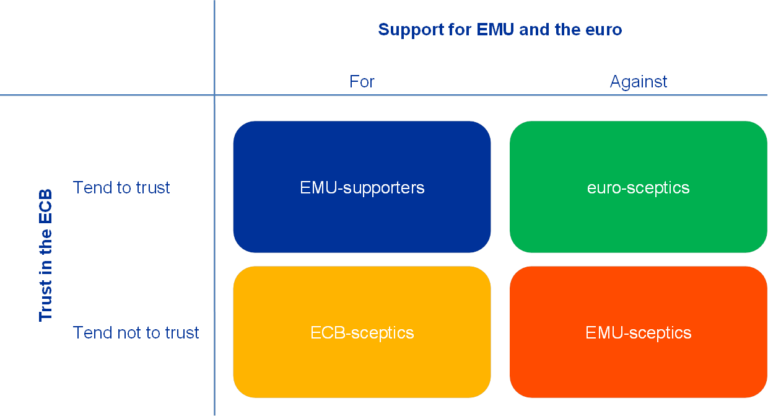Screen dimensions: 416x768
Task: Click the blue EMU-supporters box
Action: [x=362, y=155]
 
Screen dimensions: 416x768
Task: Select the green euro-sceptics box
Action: [x=638, y=155]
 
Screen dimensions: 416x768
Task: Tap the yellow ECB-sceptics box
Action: [x=362, y=366]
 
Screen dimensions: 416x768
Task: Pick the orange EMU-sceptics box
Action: [x=638, y=366]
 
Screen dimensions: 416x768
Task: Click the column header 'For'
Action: [x=362, y=82]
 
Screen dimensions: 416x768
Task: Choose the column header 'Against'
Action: [x=639, y=82]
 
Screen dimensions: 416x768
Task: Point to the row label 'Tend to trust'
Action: [x=121, y=187]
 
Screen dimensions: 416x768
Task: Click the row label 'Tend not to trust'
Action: [x=136, y=332]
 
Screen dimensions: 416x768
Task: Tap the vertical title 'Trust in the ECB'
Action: [x=46, y=255]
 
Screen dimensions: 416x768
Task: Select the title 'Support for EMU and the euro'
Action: [x=500, y=29]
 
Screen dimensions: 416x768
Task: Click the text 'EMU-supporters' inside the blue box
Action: [x=362, y=187]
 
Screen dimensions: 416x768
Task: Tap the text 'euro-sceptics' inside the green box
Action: [x=639, y=187]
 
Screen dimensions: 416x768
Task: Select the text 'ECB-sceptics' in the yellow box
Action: [x=362, y=332]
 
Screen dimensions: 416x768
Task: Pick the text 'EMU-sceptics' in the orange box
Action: [x=639, y=332]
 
